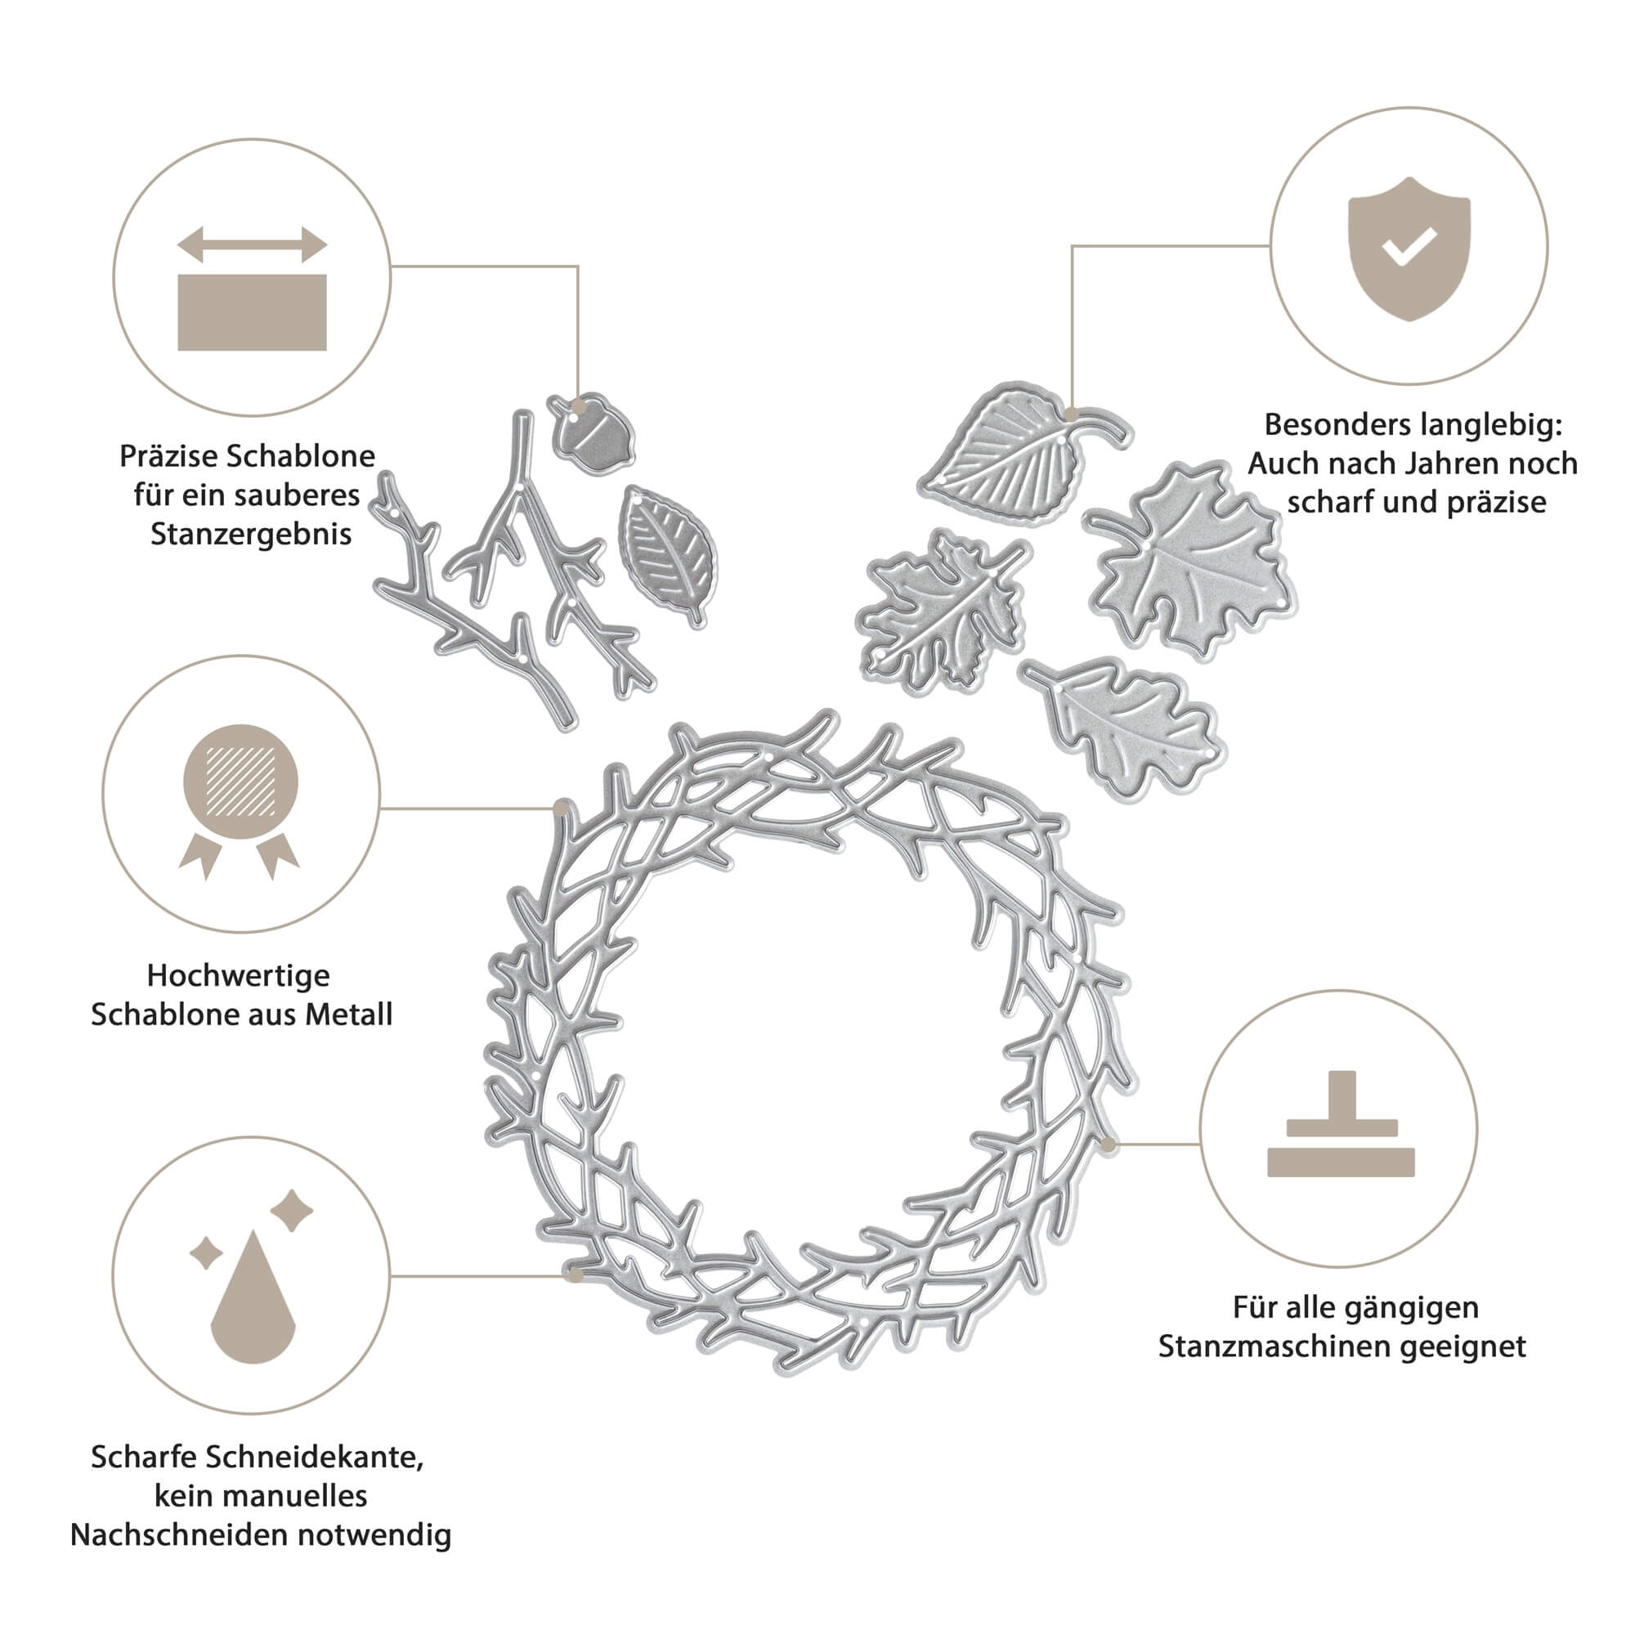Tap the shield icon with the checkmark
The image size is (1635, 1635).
tap(1409, 249)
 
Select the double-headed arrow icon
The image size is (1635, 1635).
tap(252, 244)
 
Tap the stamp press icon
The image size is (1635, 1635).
tap(1341, 1124)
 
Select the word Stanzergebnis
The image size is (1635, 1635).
tap(250, 534)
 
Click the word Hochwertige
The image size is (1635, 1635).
tap(239, 976)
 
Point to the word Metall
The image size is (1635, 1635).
tap(350, 1015)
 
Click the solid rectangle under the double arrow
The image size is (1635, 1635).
tap(252, 312)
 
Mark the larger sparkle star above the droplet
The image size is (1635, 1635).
tap(292, 1211)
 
